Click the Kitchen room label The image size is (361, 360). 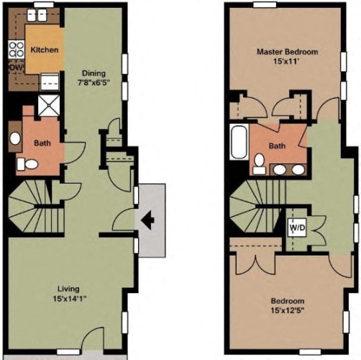(x=45, y=50)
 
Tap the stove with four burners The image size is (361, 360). (x=17, y=50)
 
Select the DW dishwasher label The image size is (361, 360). (x=17, y=68)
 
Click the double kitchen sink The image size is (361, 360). (x=37, y=15)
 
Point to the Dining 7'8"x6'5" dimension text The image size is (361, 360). (x=93, y=83)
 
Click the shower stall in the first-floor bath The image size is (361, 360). (x=49, y=105)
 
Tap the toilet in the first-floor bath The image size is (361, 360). (x=27, y=164)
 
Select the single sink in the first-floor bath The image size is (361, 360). (x=15, y=138)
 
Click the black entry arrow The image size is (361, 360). (x=147, y=220)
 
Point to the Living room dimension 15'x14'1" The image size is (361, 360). (x=70, y=299)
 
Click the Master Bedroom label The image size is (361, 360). (x=288, y=52)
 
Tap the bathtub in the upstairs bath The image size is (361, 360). (x=239, y=142)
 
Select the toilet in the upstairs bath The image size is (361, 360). (x=259, y=164)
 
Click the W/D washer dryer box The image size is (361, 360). (x=297, y=228)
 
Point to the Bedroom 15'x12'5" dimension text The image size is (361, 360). (x=288, y=310)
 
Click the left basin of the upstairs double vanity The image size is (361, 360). (x=280, y=170)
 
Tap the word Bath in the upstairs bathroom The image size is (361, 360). (x=277, y=145)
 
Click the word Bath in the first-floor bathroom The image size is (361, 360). (x=42, y=143)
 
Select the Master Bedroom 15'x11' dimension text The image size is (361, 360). (x=286, y=61)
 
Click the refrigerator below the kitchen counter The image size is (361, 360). (x=50, y=81)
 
